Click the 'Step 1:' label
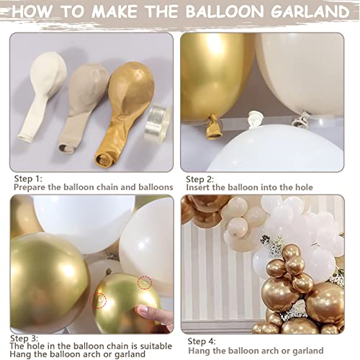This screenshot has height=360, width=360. (27, 178)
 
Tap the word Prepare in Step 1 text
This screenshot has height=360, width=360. (32, 187)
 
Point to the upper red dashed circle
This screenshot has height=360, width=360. (145, 282)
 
